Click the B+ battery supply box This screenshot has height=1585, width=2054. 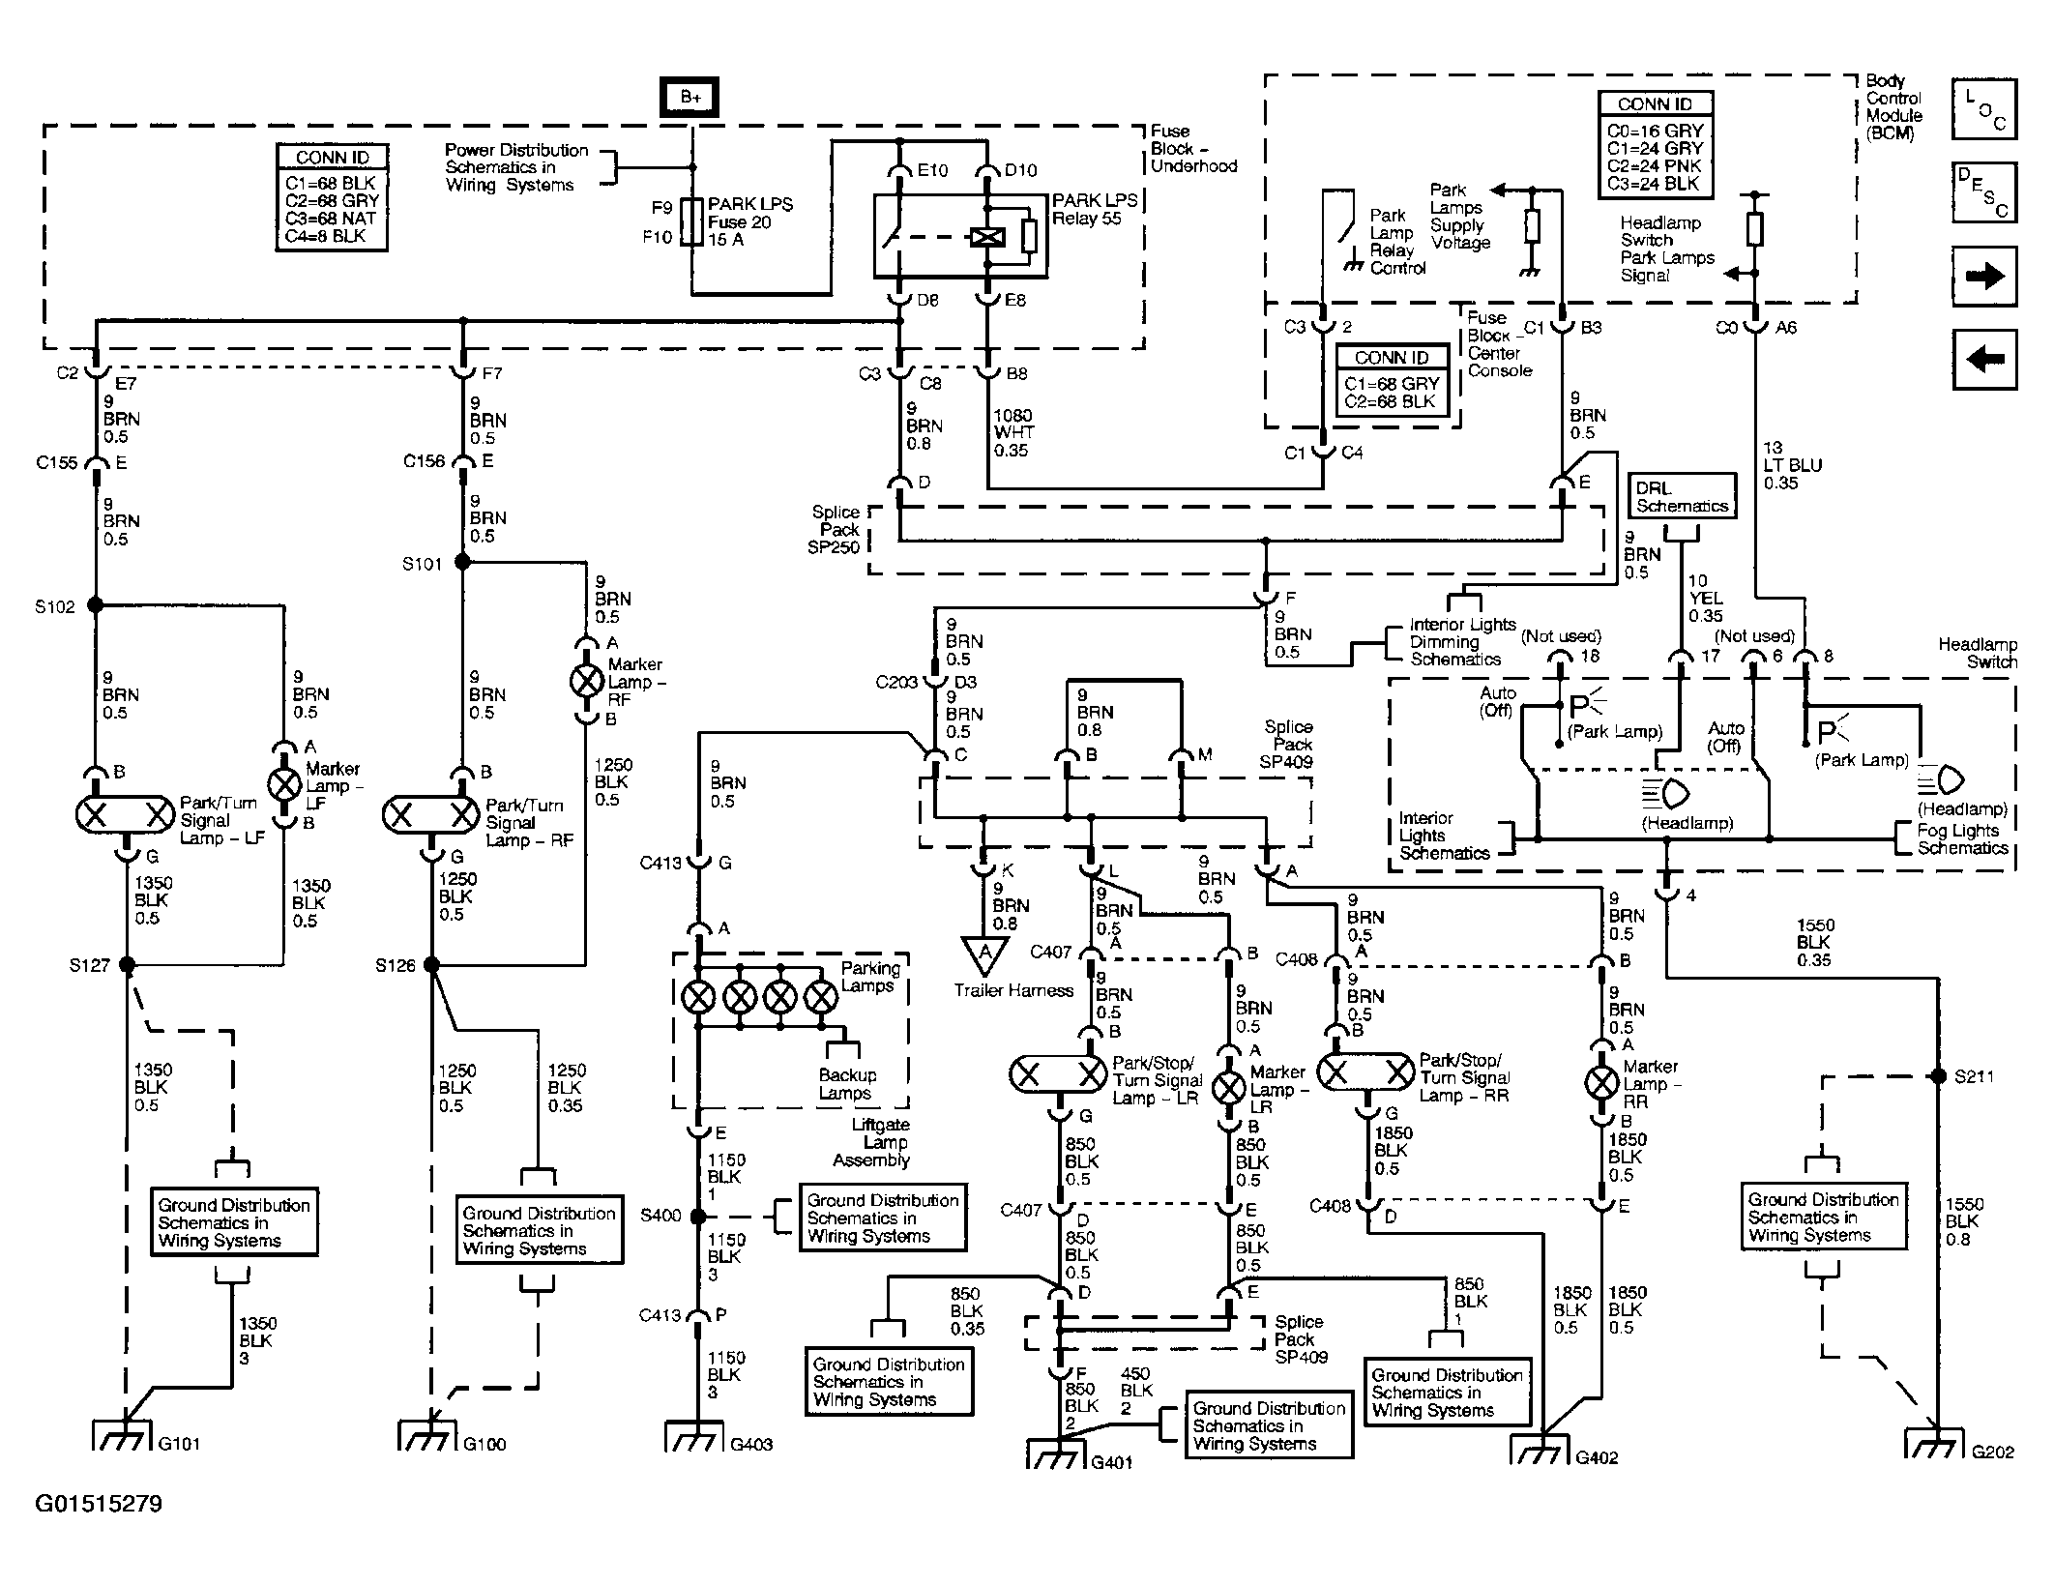point(690,98)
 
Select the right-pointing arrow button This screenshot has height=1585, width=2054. point(1984,277)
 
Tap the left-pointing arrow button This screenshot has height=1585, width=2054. point(1984,360)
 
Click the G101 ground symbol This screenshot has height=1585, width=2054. point(124,1434)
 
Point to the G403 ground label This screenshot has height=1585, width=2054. point(750,1445)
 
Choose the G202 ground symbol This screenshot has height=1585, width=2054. point(1936,1442)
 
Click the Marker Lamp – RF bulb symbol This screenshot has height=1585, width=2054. point(586,681)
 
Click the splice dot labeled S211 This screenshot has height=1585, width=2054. point(1937,1076)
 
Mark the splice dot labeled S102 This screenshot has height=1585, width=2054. point(95,605)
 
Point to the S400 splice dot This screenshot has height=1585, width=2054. point(698,1217)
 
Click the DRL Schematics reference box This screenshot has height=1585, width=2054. point(1682,497)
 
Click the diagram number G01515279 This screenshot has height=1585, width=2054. point(99,1504)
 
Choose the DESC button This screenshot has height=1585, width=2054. point(1984,192)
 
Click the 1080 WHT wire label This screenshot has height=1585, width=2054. point(1012,433)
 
